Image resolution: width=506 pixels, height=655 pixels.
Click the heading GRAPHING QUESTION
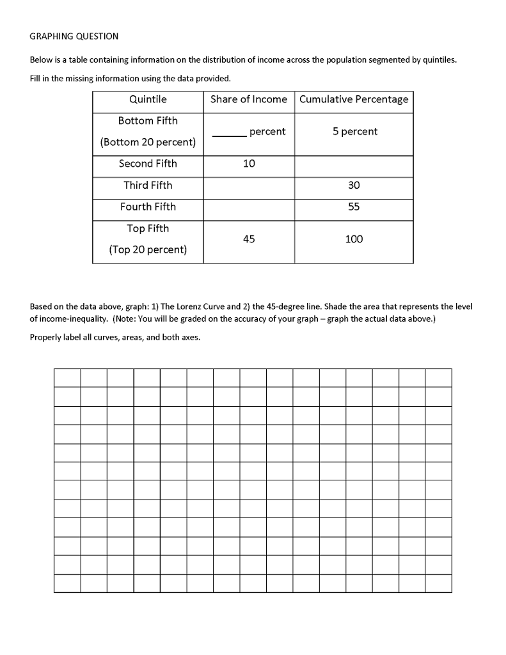74,36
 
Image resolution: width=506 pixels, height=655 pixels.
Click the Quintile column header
148,99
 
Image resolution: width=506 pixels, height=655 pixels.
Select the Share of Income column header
249,99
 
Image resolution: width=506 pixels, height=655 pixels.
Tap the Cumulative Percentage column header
354,99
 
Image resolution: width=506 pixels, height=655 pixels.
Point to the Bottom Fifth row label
148,121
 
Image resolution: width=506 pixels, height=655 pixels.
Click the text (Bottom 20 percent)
148,142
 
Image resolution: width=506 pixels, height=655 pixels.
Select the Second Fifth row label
148,164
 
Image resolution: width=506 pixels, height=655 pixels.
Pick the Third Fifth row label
148,185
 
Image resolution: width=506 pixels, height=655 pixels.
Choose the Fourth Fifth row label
148,207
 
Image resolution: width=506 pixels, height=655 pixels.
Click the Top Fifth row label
148,228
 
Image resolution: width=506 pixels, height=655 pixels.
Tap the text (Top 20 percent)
148,249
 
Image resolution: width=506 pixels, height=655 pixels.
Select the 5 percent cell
355,132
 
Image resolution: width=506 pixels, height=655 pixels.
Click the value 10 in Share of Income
249,164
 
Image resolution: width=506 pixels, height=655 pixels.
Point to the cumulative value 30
354,185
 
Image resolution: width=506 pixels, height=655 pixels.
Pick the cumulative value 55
354,207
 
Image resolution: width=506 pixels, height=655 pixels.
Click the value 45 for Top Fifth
249,239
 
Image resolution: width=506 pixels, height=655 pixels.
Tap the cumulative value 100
354,239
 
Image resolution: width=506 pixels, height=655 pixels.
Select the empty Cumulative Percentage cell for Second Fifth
354,166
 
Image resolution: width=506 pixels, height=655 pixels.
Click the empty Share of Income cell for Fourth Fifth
249,209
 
